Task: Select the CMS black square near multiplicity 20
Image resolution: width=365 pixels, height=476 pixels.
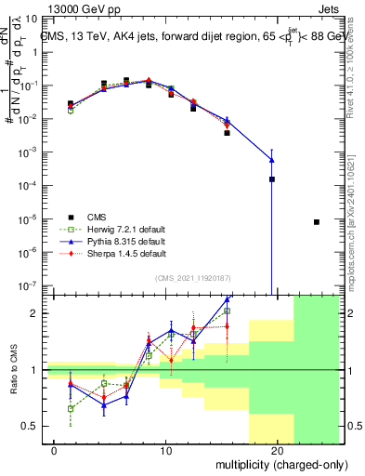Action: click(x=272, y=179)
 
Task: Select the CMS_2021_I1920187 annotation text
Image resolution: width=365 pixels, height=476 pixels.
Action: click(x=191, y=277)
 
